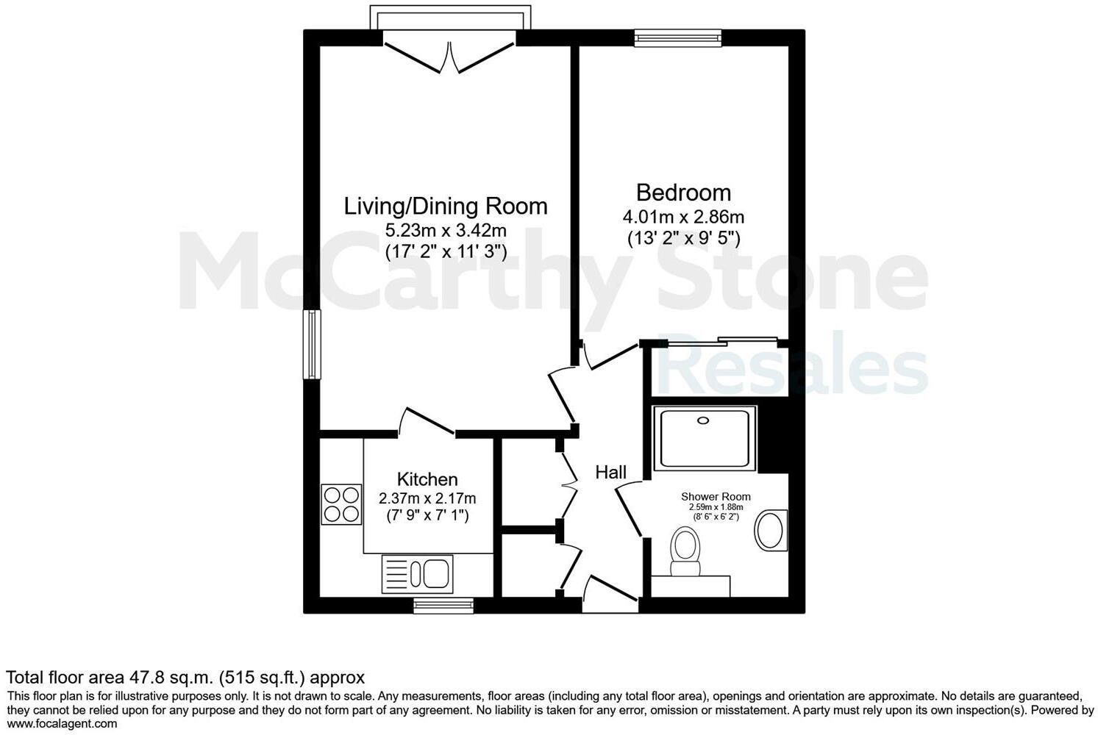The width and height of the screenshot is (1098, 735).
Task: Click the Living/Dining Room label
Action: tap(446, 206)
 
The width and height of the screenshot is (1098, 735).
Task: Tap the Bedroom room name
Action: tap(683, 193)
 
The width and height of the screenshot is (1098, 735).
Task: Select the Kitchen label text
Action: tap(427, 479)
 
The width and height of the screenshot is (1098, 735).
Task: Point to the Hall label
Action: tap(610, 473)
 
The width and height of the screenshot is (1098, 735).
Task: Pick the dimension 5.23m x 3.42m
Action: tap(446, 230)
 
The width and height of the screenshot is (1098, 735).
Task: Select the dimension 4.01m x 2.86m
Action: tap(683, 217)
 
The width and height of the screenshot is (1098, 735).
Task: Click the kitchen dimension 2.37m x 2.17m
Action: tap(427, 498)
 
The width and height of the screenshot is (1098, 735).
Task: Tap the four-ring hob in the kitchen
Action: tap(341, 504)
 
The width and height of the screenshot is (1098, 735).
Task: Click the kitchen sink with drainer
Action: tap(417, 574)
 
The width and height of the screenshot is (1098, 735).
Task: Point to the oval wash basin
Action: tap(770, 530)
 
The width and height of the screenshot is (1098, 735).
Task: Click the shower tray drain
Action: tap(704, 420)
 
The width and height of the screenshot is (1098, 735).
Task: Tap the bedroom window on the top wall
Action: tap(678, 37)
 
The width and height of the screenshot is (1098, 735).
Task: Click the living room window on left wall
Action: tap(313, 344)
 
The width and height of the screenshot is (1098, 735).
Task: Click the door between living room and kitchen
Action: tap(427, 422)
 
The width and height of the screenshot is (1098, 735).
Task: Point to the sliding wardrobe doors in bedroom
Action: tap(721, 341)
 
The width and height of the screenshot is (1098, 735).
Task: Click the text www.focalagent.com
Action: tap(62, 724)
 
